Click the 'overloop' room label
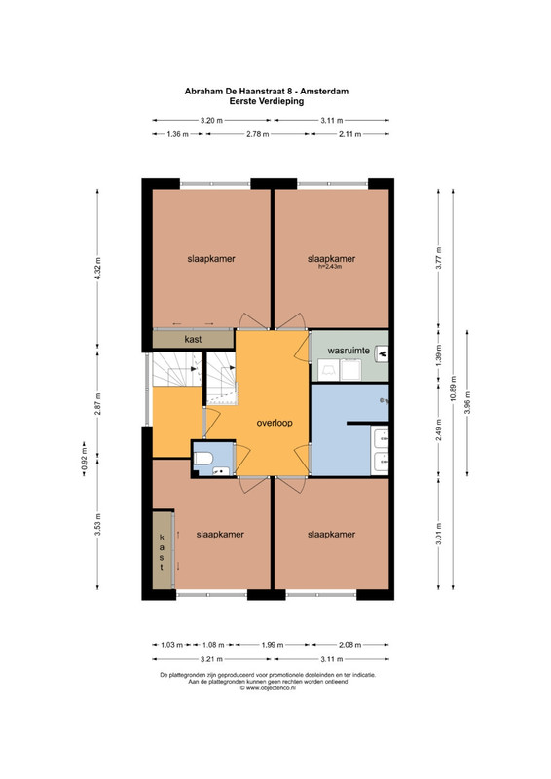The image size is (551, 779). [x=275, y=423]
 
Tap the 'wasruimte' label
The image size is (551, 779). [x=349, y=351]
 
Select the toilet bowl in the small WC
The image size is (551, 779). [x=202, y=458]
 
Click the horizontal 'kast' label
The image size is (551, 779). [x=193, y=339]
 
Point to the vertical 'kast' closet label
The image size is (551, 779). [x=162, y=552]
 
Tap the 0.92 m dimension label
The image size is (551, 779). [x=84, y=460]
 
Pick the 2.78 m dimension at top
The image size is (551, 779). [x=257, y=134]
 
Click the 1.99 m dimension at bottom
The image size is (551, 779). [x=273, y=645]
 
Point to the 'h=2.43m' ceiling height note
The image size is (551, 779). [x=330, y=266]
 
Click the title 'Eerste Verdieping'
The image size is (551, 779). [x=267, y=101]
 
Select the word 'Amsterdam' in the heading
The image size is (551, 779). [x=324, y=91]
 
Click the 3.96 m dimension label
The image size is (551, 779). [x=467, y=402]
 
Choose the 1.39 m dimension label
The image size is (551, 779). [x=438, y=355]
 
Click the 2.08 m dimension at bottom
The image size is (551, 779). [x=349, y=645]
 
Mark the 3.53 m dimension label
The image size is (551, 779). [x=97, y=523]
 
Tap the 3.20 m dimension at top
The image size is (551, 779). [x=211, y=120]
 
